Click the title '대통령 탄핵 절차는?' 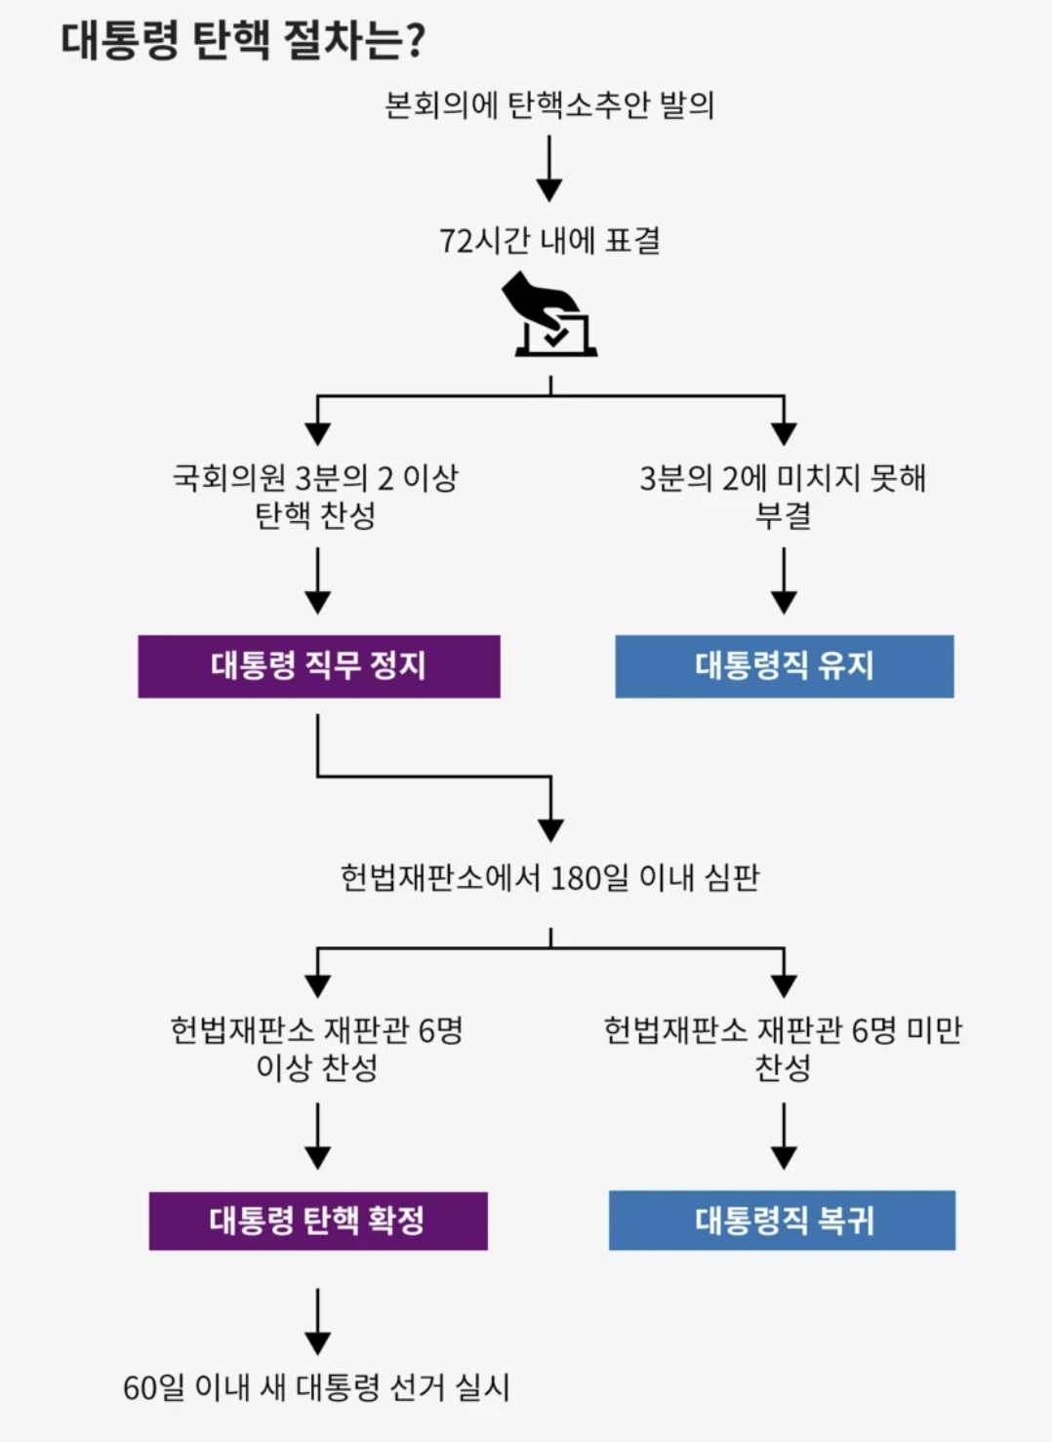243,41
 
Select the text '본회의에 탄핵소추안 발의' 549,104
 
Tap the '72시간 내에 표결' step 549,240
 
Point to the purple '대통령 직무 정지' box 318,666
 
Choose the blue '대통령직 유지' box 784,666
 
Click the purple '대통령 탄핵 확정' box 317,1221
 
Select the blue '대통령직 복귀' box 783,1221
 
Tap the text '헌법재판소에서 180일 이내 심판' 549,877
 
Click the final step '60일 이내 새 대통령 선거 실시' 316,1386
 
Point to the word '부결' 783,514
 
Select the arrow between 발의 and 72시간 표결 549,168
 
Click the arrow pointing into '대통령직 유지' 784,581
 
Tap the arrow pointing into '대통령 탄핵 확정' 317,1137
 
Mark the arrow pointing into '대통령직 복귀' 784,1137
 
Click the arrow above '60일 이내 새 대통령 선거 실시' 317,1322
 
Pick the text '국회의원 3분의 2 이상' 315,478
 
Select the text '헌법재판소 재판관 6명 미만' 783,1030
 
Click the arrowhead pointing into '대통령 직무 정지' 317,602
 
